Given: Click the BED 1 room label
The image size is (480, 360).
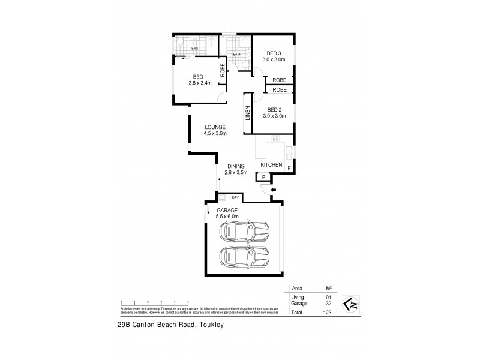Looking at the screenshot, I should click(x=200, y=77).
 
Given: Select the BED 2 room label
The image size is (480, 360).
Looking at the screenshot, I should click(x=274, y=109).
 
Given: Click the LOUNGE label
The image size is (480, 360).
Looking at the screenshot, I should click(x=214, y=127).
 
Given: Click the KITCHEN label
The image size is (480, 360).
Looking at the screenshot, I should click(x=271, y=164).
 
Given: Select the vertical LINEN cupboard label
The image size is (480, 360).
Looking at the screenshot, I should click(x=247, y=115).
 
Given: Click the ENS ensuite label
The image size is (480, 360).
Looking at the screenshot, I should click(x=194, y=48).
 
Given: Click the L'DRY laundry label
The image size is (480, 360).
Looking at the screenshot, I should click(x=234, y=197).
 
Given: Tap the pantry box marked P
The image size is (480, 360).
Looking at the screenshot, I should click(x=263, y=176).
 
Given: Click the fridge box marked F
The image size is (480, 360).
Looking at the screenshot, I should click(x=289, y=169).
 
